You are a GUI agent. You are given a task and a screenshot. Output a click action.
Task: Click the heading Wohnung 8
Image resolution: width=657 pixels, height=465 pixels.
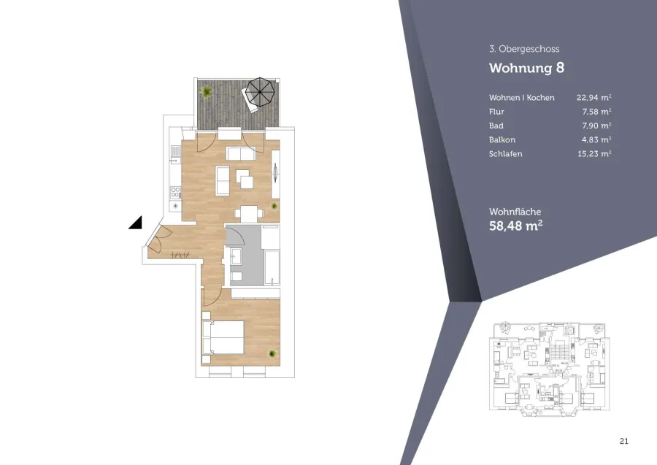coord(526,68)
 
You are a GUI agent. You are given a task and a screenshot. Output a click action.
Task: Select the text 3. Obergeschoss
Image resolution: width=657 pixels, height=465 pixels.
coord(524,49)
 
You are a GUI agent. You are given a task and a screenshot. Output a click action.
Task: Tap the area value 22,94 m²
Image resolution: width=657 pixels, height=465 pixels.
coord(593,98)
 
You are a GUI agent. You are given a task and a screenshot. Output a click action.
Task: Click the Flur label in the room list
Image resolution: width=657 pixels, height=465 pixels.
coord(496,112)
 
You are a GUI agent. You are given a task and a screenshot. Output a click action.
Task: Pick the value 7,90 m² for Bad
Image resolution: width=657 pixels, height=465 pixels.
coord(596,126)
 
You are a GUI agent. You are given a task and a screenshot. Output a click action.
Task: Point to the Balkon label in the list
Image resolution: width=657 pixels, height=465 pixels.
coord(502,140)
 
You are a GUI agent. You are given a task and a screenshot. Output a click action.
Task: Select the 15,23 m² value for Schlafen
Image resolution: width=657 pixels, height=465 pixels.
coord(594,154)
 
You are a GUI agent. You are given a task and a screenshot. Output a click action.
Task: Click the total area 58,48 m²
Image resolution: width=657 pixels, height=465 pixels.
coord(516,226)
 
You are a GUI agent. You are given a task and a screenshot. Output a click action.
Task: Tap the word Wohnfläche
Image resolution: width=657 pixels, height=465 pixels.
coord(515,212)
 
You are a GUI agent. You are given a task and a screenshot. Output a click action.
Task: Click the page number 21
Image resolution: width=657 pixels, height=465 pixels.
coord(624,441)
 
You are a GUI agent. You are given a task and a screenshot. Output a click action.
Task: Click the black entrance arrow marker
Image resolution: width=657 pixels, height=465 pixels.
coord(135,223)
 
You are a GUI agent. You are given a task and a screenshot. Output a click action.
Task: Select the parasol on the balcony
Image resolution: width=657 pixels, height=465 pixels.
coord(260,92)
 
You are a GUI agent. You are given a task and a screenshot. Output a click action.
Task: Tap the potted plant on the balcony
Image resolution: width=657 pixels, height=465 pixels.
coord(206,91)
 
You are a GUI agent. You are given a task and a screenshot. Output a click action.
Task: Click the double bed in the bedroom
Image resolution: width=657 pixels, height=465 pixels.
coord(223,338)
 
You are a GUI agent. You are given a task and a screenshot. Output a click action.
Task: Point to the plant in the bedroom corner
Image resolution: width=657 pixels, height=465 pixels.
coord(272,354)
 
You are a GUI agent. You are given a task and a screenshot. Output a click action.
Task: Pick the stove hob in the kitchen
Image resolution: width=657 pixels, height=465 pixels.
coord(175,193)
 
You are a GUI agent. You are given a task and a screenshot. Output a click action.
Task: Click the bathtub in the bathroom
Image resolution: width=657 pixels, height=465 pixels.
coord(272,268)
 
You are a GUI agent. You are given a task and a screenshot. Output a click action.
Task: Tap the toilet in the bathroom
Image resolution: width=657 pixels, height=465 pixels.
coord(236,276)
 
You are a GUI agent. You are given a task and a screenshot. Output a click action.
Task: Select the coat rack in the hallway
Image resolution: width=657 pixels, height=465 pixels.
coord(180,255)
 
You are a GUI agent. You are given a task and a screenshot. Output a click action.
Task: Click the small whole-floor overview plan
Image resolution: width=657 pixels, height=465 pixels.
coord(549,369)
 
